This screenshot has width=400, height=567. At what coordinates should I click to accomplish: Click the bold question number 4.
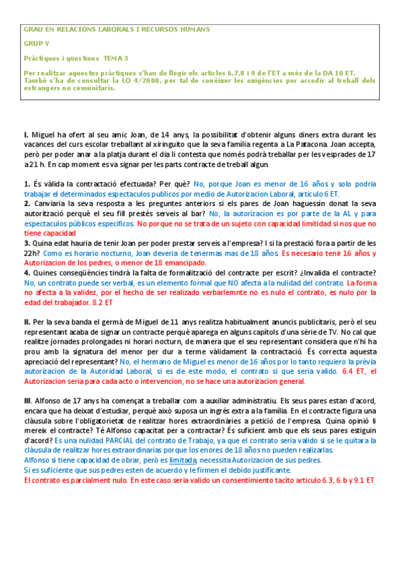pos(26,273)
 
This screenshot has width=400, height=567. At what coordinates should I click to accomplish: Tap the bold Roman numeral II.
pos(27,322)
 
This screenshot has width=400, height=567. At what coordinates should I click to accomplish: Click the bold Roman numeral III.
pos(28,401)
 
